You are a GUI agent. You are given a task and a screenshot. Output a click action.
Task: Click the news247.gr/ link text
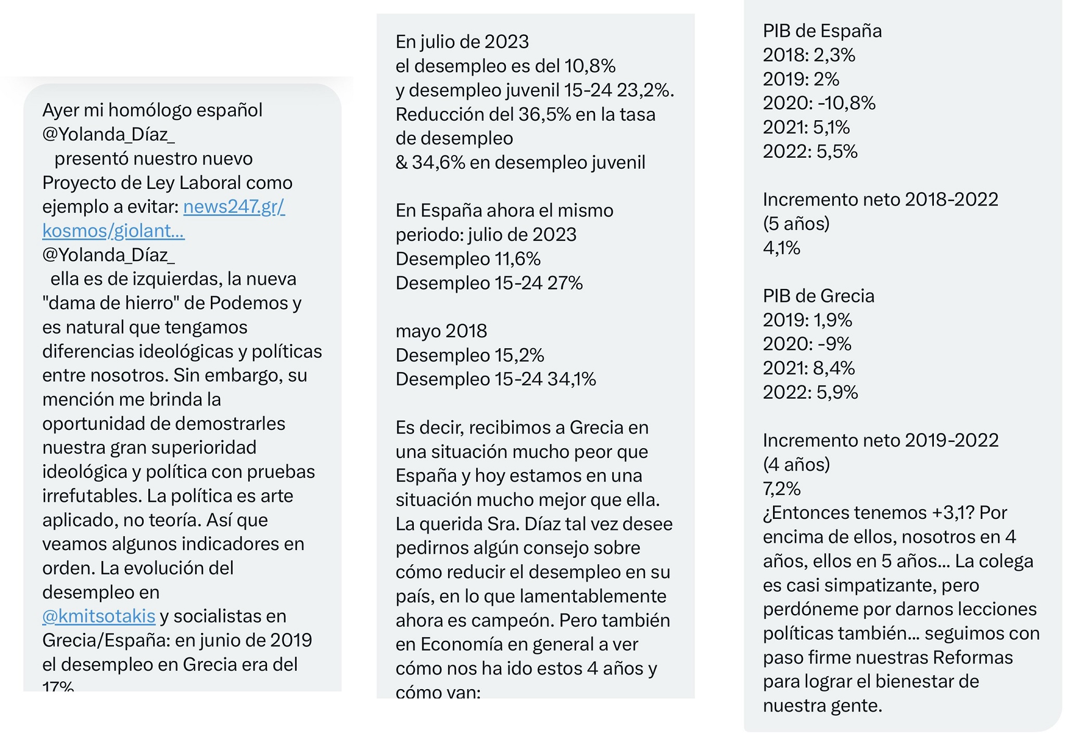coord(234,207)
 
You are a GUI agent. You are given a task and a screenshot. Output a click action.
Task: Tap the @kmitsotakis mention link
coord(99,616)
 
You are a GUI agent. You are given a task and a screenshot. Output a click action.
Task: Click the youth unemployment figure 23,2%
coord(645,91)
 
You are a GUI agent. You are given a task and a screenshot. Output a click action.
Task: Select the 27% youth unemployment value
coord(564,284)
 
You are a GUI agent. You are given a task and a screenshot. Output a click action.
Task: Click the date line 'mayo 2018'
coord(441,331)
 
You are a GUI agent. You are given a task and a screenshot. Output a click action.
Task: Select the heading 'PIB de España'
coord(822,31)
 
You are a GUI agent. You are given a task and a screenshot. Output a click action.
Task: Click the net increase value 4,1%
coord(781,248)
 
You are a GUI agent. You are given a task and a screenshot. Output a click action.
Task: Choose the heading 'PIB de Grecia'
coord(818,296)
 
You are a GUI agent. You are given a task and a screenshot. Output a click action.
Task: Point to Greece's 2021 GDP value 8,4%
coord(833,368)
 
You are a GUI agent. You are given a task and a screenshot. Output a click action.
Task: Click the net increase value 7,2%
coord(781,489)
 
